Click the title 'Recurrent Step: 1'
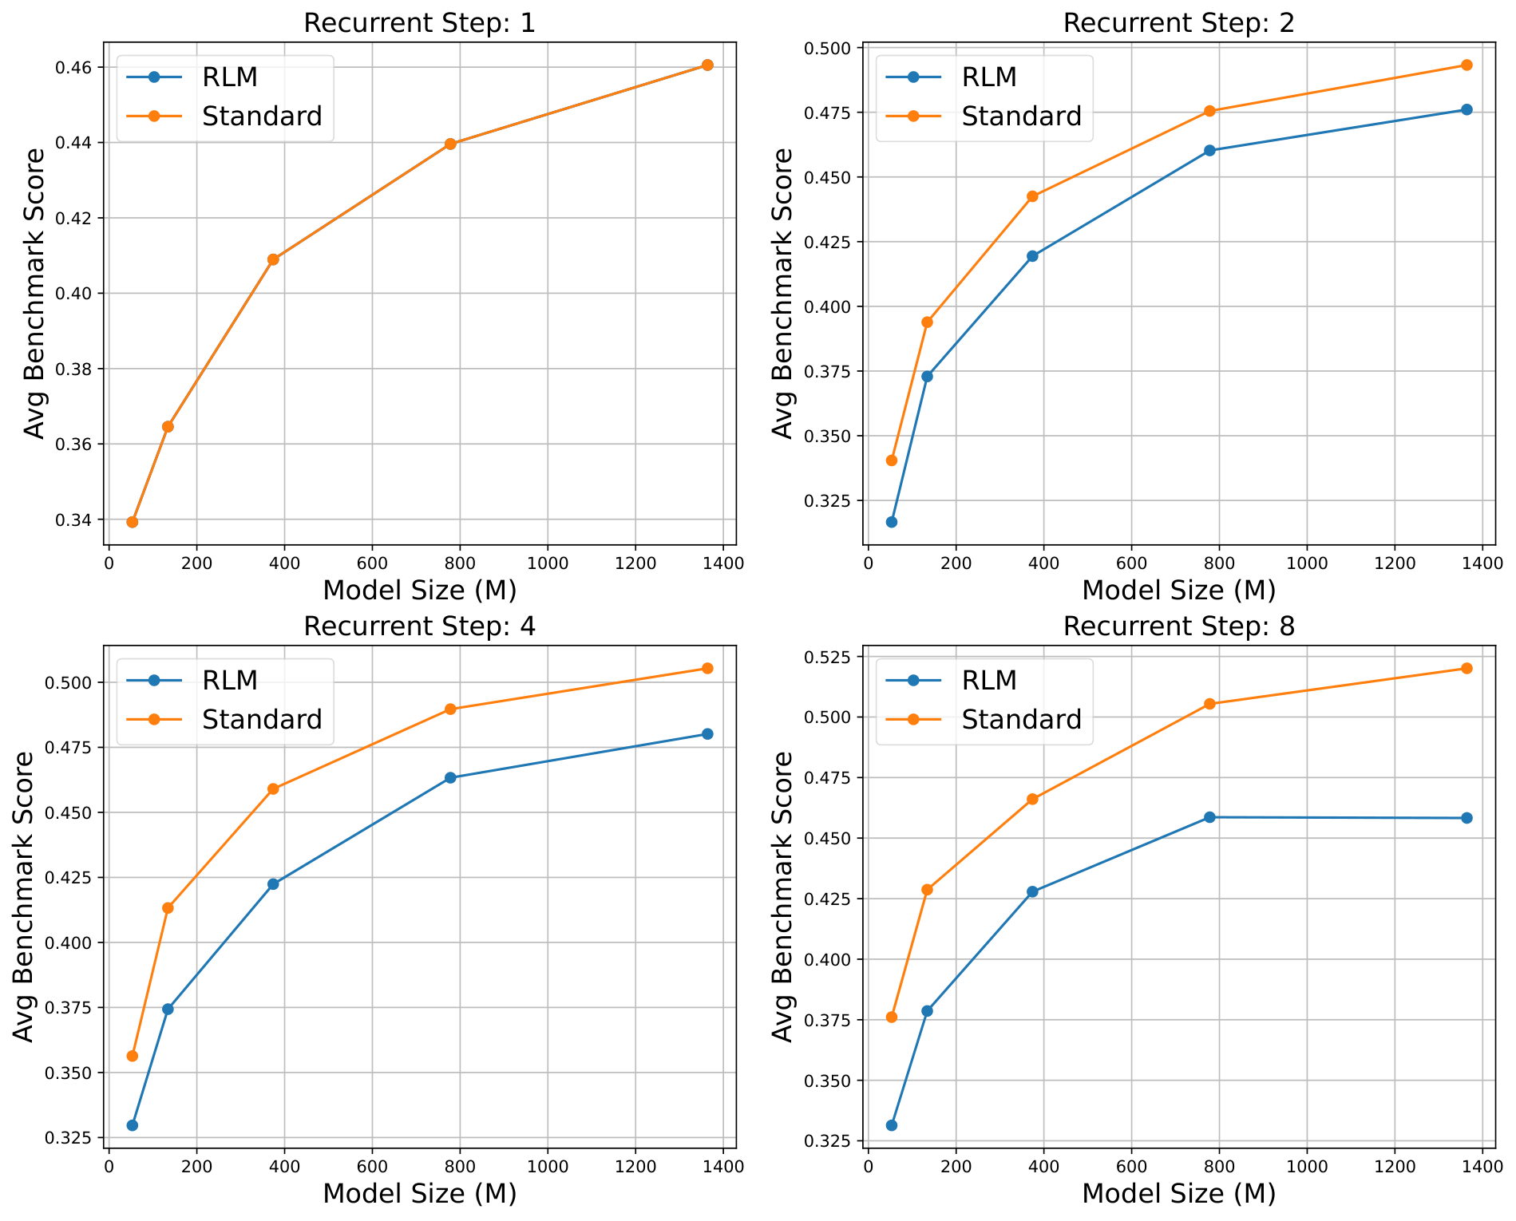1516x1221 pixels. click(x=419, y=23)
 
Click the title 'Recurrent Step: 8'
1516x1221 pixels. click(x=1178, y=626)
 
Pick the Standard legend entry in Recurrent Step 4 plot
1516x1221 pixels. click(x=262, y=719)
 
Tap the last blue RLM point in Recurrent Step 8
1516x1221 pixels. click(x=1467, y=818)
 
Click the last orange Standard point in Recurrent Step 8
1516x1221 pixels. click(x=1467, y=668)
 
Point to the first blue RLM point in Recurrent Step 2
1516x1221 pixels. click(x=892, y=522)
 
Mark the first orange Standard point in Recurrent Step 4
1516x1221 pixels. click(x=133, y=1056)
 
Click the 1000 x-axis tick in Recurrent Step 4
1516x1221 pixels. click(x=547, y=1166)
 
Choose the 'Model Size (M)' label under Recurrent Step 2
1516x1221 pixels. click(x=1178, y=591)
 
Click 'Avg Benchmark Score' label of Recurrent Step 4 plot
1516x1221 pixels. click(x=25, y=896)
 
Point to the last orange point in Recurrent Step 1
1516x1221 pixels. click(x=707, y=65)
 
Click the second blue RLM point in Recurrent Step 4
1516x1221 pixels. click(x=168, y=1009)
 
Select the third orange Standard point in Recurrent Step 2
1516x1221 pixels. click(x=1032, y=196)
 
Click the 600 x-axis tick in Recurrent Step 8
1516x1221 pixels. click(x=1131, y=1166)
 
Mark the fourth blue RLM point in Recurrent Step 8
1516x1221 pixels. click(x=1209, y=817)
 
